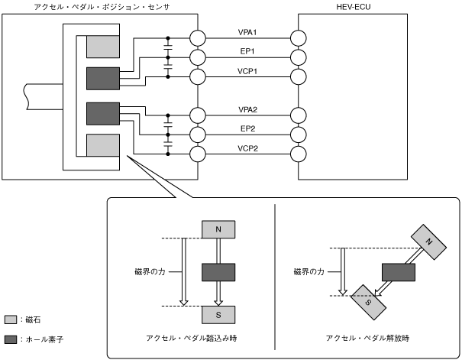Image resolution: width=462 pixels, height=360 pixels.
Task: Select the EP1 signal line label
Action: tap(247, 51)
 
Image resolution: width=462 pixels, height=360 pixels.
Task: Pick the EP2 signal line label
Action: tap(247, 129)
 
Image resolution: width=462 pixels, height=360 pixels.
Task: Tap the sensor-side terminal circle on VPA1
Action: tap(199, 37)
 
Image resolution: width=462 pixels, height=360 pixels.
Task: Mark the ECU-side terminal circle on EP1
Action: tap(299, 57)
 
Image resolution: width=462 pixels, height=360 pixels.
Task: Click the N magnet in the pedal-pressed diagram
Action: tap(219, 229)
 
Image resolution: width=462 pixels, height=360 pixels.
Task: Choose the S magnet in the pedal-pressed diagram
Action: tap(219, 313)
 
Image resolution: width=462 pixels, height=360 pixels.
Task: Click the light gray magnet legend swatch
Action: tap(11, 319)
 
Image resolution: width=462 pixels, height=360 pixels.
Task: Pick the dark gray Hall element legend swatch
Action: tap(11, 339)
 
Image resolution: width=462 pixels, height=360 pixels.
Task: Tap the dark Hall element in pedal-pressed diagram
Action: tap(219, 271)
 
